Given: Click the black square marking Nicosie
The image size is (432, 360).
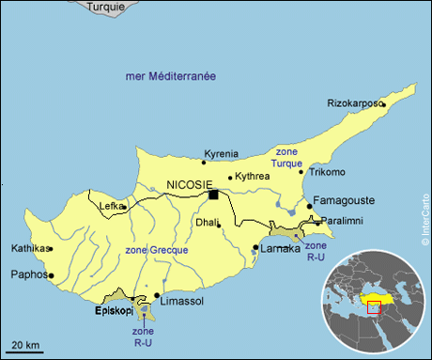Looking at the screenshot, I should [x=214, y=195].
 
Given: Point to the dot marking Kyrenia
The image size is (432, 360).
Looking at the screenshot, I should [x=204, y=163].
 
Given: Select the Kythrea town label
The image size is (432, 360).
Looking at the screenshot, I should [x=253, y=176].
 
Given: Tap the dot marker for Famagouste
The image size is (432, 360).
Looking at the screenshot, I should [x=309, y=206].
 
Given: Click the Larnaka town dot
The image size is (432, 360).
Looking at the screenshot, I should [x=255, y=248].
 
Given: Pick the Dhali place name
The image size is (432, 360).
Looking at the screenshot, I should [x=205, y=223].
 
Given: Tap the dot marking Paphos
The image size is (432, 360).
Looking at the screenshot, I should [x=51, y=276].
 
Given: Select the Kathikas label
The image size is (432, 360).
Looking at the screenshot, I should [x=27, y=249].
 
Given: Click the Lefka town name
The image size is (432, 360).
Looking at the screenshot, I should [x=111, y=205].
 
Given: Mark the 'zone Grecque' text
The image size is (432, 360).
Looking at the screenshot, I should [x=157, y=250].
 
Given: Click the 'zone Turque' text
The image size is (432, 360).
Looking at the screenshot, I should [x=286, y=158].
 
